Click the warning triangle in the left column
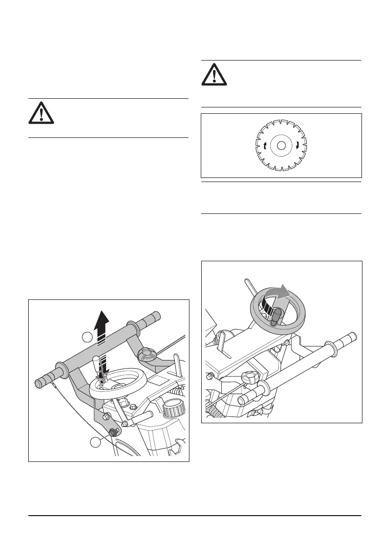[41, 113]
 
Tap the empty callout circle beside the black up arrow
[87, 337]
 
